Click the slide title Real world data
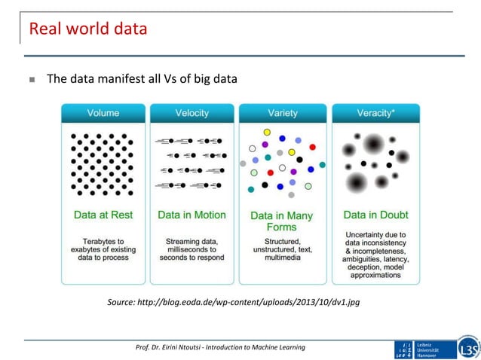click(x=87, y=31)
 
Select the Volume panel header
click(x=103, y=114)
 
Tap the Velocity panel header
click(x=192, y=114)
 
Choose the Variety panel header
click(x=283, y=114)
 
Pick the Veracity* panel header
click(x=375, y=114)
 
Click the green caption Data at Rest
click(x=103, y=215)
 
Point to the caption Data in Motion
click(x=191, y=215)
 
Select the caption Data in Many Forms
click(x=283, y=221)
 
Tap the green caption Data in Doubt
click(x=375, y=215)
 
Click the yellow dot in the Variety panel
click(x=267, y=133)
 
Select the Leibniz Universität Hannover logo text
click(x=437, y=349)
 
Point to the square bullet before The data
click(x=32, y=78)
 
